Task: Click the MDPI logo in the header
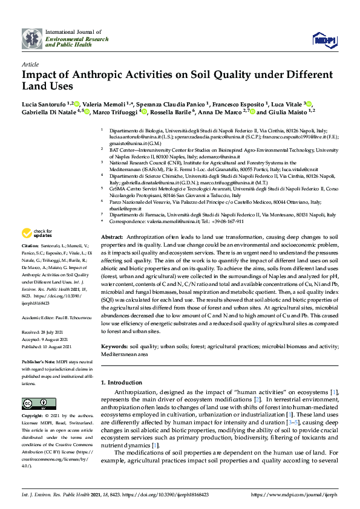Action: [x=324, y=39]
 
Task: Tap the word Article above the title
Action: [x=30, y=63]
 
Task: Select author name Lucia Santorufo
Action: [x=44, y=104]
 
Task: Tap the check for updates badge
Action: [x=36, y=233]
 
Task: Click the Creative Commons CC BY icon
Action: [x=31, y=403]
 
